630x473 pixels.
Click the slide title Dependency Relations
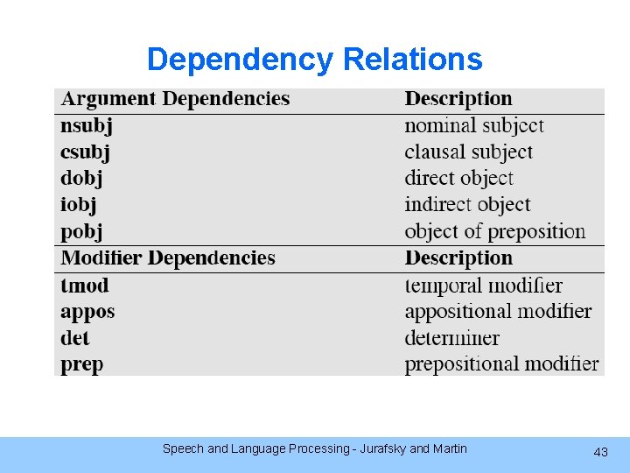pos(314,60)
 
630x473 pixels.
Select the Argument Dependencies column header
pos(175,99)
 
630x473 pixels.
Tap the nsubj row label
pos(87,126)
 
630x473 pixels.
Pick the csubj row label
pos(86,152)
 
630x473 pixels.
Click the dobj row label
pos(81,179)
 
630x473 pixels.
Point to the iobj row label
pos(79,205)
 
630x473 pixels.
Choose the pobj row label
pos(81,232)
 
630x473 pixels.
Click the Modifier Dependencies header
pos(168,258)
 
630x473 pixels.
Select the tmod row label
pos(85,286)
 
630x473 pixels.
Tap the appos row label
pos(87,312)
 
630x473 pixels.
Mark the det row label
pos(75,338)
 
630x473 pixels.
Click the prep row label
pos(82,364)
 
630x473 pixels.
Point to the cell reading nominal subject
pos(474,126)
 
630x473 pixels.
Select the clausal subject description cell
pos(468,152)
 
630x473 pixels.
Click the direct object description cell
pos(458,179)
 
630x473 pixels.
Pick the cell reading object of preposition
pos(494,232)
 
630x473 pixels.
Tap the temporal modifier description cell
pos(483,286)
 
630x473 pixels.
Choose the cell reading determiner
pos(451,338)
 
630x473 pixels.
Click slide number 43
pos(600,452)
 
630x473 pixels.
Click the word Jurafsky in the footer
pos(381,448)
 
